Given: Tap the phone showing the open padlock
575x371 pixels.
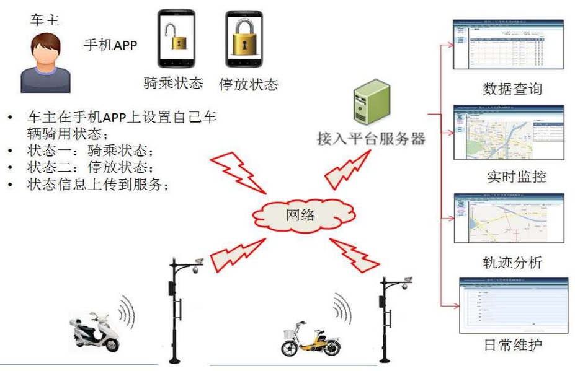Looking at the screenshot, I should click(176, 38).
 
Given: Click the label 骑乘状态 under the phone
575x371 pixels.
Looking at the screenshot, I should click(173, 83).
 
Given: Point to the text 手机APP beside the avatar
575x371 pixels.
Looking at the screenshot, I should click(110, 45).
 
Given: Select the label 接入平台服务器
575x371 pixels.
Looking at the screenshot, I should click(371, 139).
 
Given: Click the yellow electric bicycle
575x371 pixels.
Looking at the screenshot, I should click(311, 340).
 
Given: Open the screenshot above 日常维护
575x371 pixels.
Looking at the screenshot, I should click(509, 303).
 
